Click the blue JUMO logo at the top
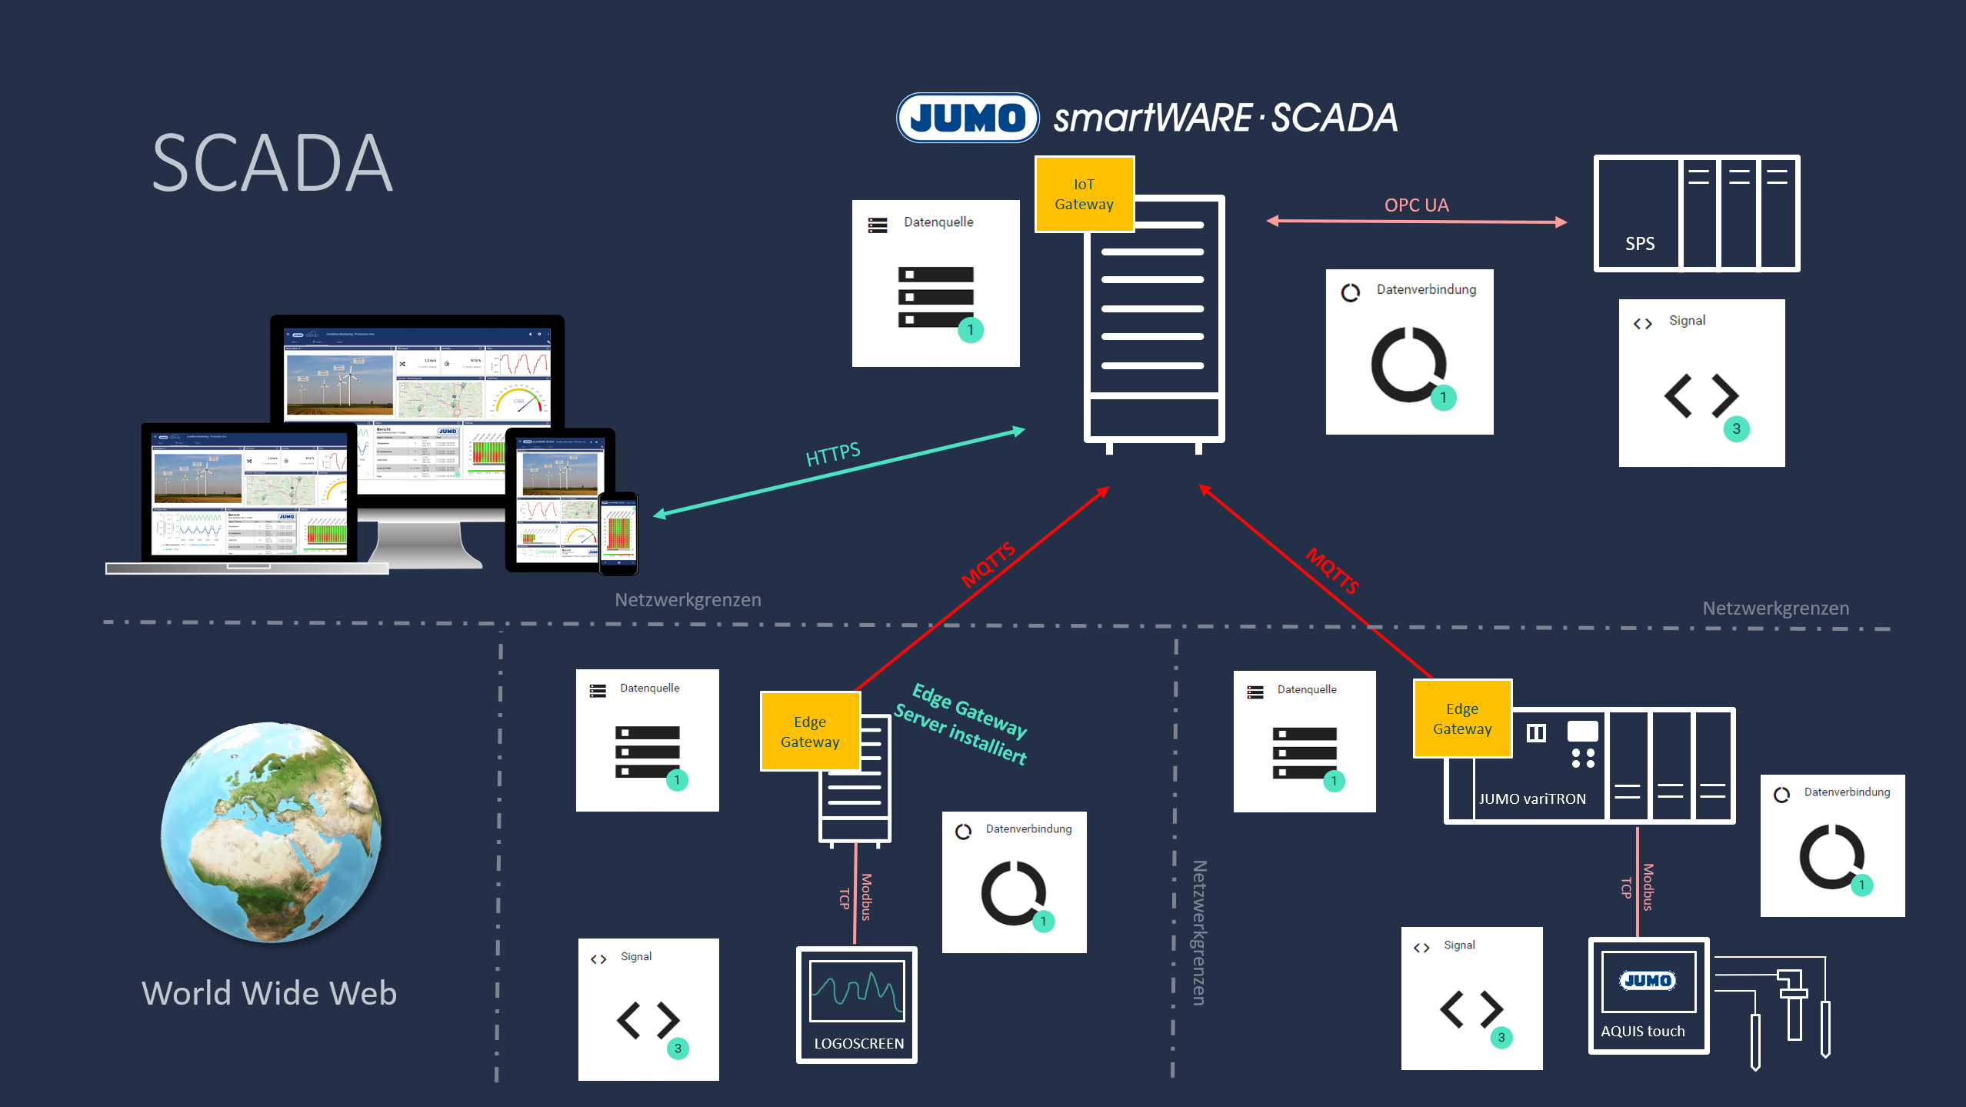coord(967,118)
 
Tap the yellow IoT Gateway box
coord(1084,194)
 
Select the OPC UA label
coord(1416,205)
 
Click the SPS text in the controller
coord(1639,244)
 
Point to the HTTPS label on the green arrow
coord(832,454)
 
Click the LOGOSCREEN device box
coord(857,1005)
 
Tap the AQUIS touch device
coord(1648,995)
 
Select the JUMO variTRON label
coord(1531,799)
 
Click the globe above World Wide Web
coord(271,832)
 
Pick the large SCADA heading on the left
coord(272,163)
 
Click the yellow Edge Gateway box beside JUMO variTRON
coord(1461,719)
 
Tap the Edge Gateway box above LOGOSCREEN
coord(809,732)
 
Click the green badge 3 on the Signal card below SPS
coord(1736,429)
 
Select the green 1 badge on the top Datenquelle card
coord(970,330)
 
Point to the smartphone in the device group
coord(618,533)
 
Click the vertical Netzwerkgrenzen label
coord(1198,932)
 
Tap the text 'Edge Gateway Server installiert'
coord(961,724)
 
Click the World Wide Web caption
coord(268,993)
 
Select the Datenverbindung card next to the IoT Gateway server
coord(1409,352)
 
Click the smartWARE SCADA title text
coord(1225,118)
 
